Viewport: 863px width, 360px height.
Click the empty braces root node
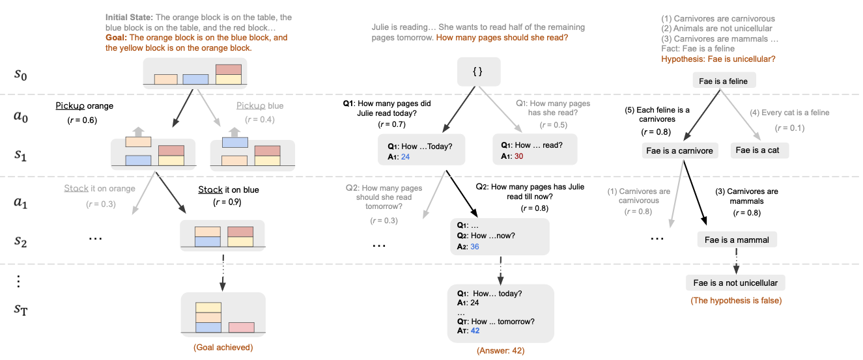[x=479, y=72]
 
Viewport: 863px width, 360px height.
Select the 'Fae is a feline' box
[x=724, y=81]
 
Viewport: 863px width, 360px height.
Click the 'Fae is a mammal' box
[x=737, y=240]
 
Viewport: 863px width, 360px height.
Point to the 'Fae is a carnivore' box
[x=679, y=150]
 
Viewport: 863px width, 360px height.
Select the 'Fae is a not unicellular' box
[x=735, y=283]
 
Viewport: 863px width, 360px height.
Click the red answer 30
[x=518, y=156]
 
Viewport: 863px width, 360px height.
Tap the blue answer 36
[x=475, y=247]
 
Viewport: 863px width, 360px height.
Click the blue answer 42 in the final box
[x=475, y=330]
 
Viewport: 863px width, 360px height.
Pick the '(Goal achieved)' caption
[x=223, y=347]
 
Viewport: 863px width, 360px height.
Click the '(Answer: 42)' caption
[x=500, y=350]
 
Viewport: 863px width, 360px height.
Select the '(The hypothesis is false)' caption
[x=736, y=300]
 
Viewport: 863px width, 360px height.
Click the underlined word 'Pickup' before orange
[x=70, y=106]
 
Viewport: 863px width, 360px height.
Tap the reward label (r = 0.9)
[x=227, y=202]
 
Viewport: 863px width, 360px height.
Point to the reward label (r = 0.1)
[x=790, y=128]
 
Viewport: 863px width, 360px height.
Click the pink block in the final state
[x=242, y=327]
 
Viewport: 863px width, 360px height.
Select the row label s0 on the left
[x=20, y=74]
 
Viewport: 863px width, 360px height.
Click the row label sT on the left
[x=21, y=309]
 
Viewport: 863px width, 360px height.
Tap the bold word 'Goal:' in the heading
[x=117, y=38]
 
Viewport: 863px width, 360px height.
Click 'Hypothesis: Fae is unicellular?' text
[x=718, y=59]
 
